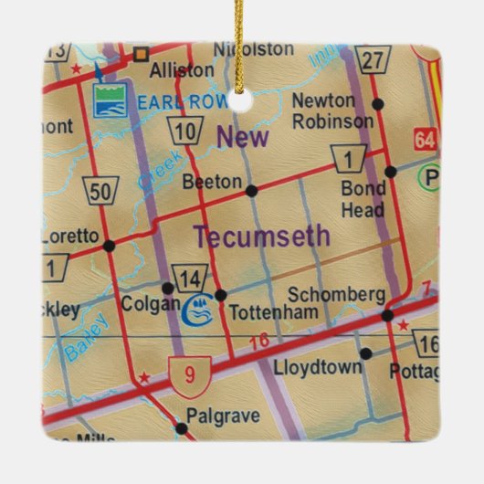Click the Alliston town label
coord(184,69)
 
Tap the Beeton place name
coord(211,182)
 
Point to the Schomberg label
coord(335,294)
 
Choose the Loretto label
coord(70,237)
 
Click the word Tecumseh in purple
coord(261,236)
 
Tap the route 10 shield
coord(185,132)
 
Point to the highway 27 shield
coord(372,59)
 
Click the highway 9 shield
coord(189,371)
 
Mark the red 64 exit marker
coord(425,140)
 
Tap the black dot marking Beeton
coord(251,190)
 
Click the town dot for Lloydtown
coord(365,353)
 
